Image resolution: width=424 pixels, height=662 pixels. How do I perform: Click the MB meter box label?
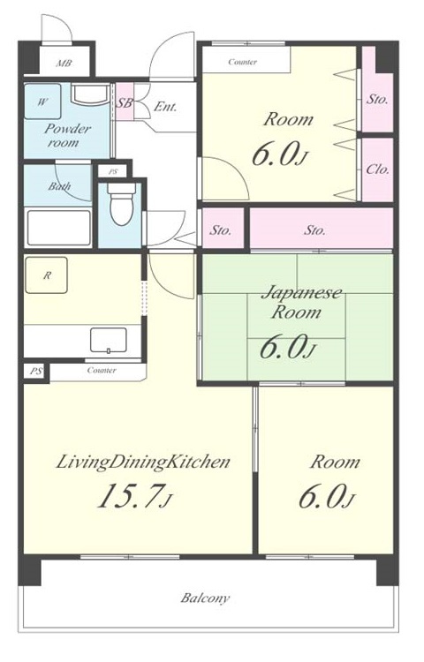coord(64,64)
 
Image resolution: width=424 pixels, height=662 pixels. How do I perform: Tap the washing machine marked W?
coord(42,102)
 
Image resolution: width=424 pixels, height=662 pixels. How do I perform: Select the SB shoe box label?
coord(125,102)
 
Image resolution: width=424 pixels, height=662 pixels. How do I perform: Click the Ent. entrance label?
coord(164,107)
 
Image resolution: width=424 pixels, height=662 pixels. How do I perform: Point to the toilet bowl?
coord(121,204)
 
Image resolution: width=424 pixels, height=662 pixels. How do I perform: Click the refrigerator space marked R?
coord(47,275)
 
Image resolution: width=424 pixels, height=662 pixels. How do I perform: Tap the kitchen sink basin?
coord(109,340)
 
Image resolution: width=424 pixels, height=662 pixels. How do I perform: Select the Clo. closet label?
coord(377,169)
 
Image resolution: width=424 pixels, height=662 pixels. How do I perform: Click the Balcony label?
coord(205,598)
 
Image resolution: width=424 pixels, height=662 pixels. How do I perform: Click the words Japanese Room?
coord(301,302)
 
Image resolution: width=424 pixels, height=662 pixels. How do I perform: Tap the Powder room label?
coord(67,135)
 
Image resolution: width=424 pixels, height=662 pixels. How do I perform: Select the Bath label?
coord(59,185)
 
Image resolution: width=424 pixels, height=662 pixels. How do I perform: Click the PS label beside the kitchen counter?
coord(36,372)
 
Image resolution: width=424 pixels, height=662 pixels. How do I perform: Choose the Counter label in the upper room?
coord(242,62)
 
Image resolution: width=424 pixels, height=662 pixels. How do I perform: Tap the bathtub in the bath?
coord(57,228)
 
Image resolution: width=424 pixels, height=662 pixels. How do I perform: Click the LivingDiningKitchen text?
coord(143,463)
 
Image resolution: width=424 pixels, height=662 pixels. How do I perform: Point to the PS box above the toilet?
coord(113,172)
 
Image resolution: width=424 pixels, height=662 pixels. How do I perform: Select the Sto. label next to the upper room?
coord(377,100)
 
